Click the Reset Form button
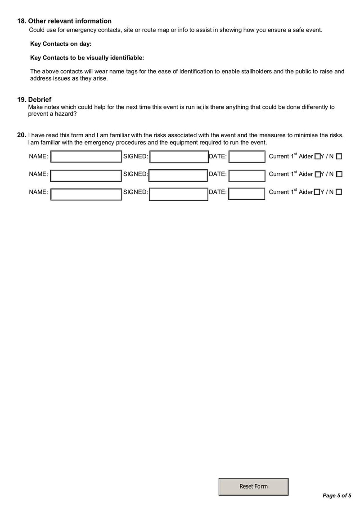[x=253, y=486]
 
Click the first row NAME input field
[x=86, y=157]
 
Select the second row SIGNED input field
[x=178, y=175]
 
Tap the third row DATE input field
[x=247, y=194]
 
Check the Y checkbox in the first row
[x=317, y=157]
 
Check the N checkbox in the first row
[x=339, y=157]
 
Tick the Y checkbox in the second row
[x=317, y=174]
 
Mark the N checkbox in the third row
[x=339, y=192]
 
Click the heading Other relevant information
[x=70, y=21]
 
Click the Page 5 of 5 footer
[x=337, y=495]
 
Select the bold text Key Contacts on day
[x=61, y=44]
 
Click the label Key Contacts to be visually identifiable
[x=87, y=58]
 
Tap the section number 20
[x=21, y=135]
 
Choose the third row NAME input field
[x=86, y=194]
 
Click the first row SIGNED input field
[x=178, y=157]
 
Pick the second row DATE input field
[x=247, y=175]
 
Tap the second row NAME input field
[x=86, y=175]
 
